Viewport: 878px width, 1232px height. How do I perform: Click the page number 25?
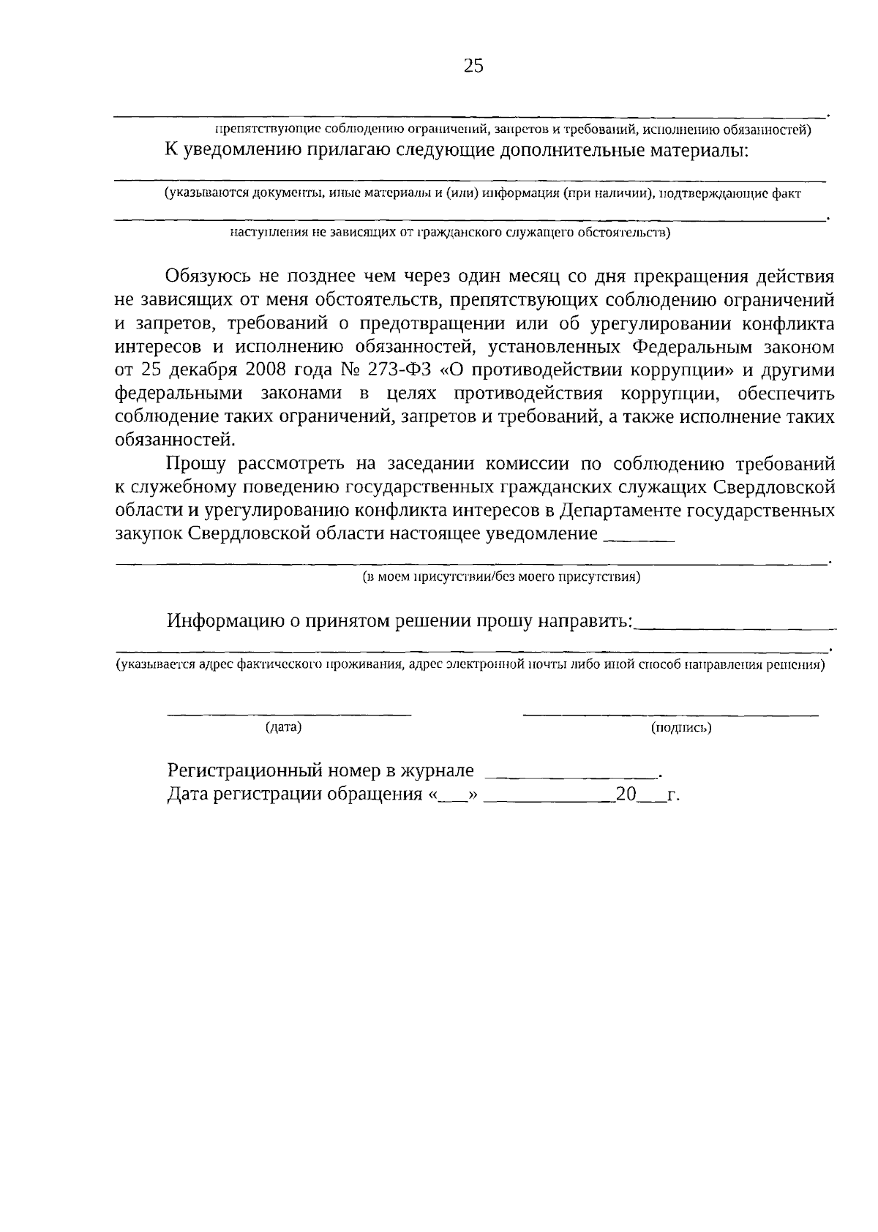tap(473, 67)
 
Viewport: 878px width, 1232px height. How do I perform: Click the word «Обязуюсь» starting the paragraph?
tap(208, 277)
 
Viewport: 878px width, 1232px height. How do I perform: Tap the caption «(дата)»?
tap(284, 727)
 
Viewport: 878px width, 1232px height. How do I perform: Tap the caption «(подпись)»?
tap(681, 727)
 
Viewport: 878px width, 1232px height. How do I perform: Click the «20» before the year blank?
tap(626, 795)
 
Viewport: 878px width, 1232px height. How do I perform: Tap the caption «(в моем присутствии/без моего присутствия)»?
tap(502, 577)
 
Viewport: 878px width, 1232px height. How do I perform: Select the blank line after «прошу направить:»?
tap(735, 628)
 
